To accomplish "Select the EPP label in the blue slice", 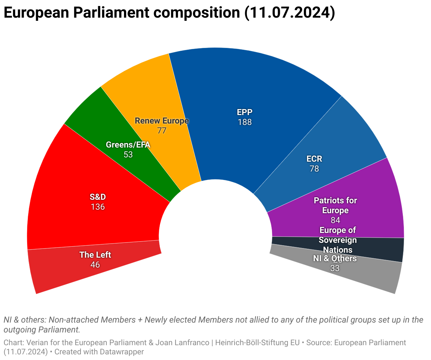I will tap(244, 112).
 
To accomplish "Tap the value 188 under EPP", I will tap(244, 122).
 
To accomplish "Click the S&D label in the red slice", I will tap(98, 197).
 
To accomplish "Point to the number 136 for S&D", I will tap(98, 207).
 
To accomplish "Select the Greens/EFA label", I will tap(128, 145).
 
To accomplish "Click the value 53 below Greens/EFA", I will tap(128, 155).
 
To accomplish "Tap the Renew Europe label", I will tap(162, 121).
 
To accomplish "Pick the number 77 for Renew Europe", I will tap(162, 131).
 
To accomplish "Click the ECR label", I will tap(314, 159).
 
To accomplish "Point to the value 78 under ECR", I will tap(314, 169).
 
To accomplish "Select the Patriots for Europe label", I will tap(335, 205).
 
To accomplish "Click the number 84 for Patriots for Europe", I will tap(335, 220).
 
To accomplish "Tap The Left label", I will tap(95, 255).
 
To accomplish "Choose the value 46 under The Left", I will tap(95, 265).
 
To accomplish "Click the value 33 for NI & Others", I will tap(335, 268).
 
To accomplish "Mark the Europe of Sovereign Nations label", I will tap(338, 240).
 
